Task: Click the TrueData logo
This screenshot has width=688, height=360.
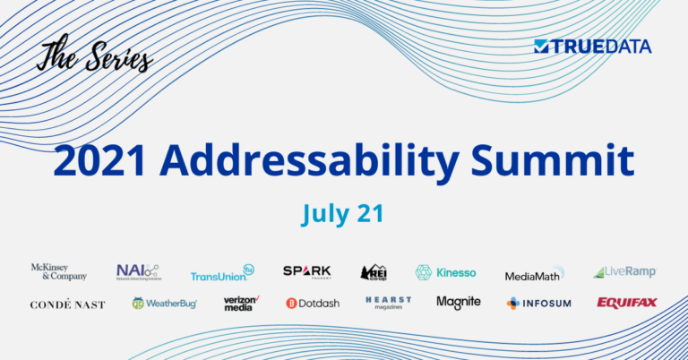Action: tap(592, 47)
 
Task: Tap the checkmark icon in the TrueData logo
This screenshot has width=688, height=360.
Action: tap(540, 47)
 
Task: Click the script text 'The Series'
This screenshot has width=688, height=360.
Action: tap(94, 56)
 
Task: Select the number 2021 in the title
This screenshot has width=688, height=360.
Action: tap(99, 161)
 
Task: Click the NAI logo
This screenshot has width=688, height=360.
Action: tap(137, 272)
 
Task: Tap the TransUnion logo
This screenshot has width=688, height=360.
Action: tap(222, 273)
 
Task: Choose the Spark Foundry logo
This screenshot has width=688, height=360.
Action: tap(306, 271)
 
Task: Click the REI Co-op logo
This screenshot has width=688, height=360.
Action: tap(374, 272)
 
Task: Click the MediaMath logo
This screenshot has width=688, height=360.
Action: tap(534, 274)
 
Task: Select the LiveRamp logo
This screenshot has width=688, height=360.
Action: tap(624, 271)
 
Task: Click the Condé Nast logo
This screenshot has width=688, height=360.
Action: tap(67, 304)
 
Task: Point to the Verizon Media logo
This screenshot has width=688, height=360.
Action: tap(241, 303)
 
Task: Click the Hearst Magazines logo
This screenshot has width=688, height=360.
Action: tap(388, 303)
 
